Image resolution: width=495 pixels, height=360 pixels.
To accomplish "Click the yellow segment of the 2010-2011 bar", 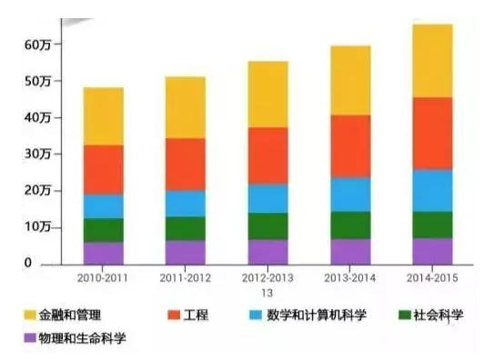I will pos(103,115).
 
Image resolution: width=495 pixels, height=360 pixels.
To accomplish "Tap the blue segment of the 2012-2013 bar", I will pos(268,197).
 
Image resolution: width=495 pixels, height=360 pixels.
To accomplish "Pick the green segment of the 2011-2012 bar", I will pos(185,228).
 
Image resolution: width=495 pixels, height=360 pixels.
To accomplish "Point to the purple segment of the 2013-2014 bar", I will pos(350,251).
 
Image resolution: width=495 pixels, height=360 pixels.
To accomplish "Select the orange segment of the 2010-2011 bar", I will pos(103,169).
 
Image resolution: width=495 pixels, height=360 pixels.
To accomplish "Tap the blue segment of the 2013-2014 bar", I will pos(350,194).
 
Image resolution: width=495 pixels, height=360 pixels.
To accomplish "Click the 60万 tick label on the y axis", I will pos(40,45).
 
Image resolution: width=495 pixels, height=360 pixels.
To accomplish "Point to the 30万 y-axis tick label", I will pos(40,155).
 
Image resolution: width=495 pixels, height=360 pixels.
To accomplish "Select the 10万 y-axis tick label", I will pos(40,227).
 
